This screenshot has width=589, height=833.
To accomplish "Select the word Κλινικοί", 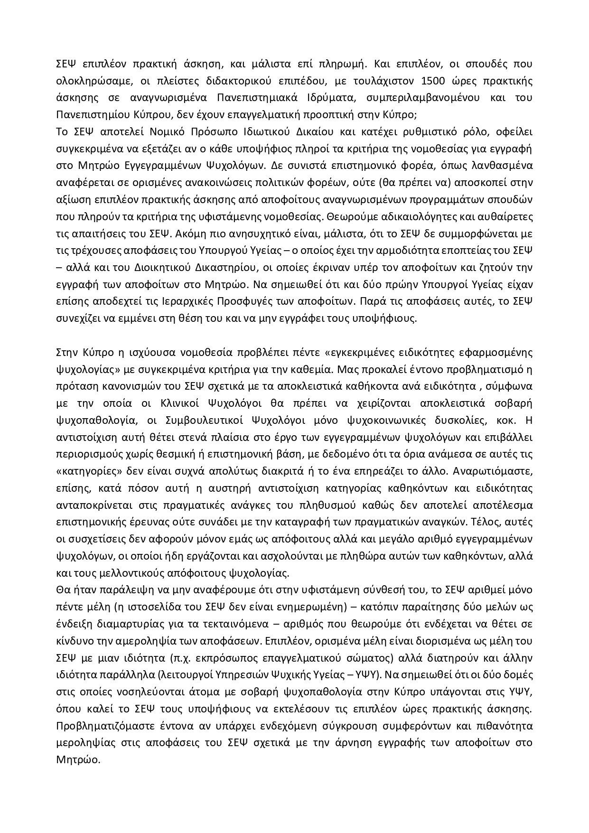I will tap(182, 403).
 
